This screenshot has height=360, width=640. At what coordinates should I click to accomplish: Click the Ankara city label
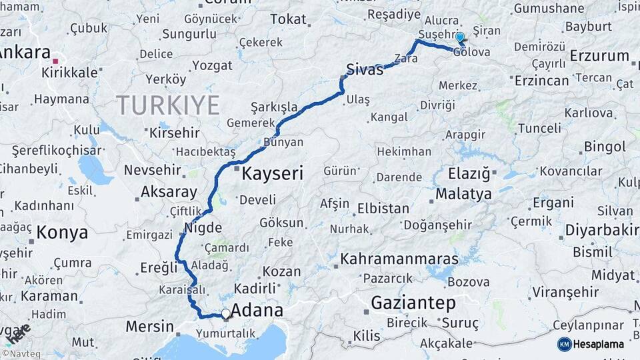24,53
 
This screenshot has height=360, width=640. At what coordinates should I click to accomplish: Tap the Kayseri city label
272,174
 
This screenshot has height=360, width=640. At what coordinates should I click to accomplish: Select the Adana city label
257,310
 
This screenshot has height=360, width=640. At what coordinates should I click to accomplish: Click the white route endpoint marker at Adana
226,313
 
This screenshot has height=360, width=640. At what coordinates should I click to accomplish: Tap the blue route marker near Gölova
459,38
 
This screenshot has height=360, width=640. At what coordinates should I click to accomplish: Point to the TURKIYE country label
167,105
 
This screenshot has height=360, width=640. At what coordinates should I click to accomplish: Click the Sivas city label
365,69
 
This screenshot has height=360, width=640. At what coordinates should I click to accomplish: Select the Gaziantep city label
413,303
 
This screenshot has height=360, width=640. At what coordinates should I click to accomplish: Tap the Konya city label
62,233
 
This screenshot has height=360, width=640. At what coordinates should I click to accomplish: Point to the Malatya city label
464,194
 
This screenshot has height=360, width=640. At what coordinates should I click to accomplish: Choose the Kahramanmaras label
399,259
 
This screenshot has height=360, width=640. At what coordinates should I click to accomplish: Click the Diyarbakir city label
602,230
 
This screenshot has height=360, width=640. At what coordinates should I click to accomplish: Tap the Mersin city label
151,327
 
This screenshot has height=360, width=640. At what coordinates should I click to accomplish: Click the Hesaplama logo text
599,344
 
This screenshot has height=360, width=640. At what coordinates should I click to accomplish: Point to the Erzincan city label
542,81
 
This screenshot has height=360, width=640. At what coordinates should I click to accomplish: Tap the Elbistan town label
383,208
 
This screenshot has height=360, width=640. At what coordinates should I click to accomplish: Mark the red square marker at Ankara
56,61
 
